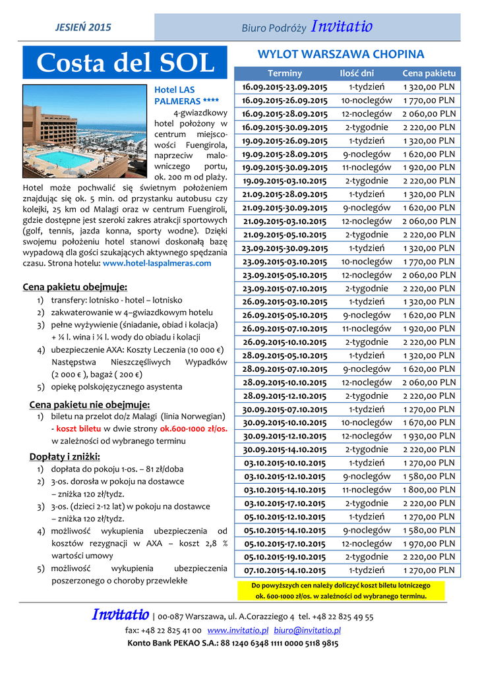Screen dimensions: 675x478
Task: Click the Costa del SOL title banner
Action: coord(126,63)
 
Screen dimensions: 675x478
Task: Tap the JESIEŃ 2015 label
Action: coord(82,28)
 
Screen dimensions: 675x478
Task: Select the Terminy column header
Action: coord(285,73)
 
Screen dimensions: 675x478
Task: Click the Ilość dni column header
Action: coord(357,73)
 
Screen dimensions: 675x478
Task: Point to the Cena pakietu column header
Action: coord(429,73)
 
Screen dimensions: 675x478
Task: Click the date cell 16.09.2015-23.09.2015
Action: coord(285,87)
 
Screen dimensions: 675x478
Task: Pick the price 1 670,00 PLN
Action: coord(429,423)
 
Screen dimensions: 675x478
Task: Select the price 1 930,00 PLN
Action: coord(429,436)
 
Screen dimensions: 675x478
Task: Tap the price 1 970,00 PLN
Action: coord(429,544)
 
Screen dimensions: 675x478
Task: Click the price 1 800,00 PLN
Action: coord(429,490)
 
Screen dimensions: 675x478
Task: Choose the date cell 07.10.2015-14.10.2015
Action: coord(285,571)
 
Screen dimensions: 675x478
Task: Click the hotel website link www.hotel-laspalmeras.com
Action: coord(158,263)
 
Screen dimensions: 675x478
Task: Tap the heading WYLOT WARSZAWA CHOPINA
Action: coord(340,54)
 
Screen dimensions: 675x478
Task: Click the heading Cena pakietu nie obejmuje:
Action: coord(90,404)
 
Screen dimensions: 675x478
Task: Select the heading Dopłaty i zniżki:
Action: coord(65,456)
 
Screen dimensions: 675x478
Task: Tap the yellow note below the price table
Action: coord(340,591)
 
